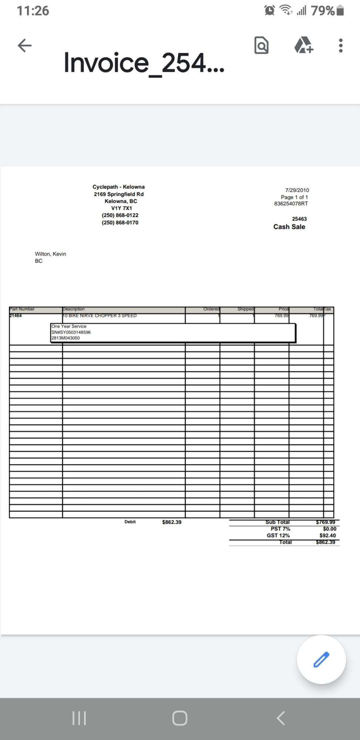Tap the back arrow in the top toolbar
pos(24,46)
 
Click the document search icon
pos(261,46)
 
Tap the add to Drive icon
pos(304,45)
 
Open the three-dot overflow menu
pos(340,46)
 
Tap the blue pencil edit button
pos(321,659)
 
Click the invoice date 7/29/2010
pos(297,190)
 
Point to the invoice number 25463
pos(299,219)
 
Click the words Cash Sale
pos(289,227)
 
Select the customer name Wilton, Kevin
pos(50,254)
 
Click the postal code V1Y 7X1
pos(121,208)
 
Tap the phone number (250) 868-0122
pos(120,215)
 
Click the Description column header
pos(74,309)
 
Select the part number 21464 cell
pos(16,316)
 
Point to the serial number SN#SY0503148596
pos(71,332)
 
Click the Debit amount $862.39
pos(172,522)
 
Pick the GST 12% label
pos(278,535)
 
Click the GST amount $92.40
pos(327,535)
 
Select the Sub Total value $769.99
pos(325,522)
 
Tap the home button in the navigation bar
pos(180,718)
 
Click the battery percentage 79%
pos(323,11)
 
